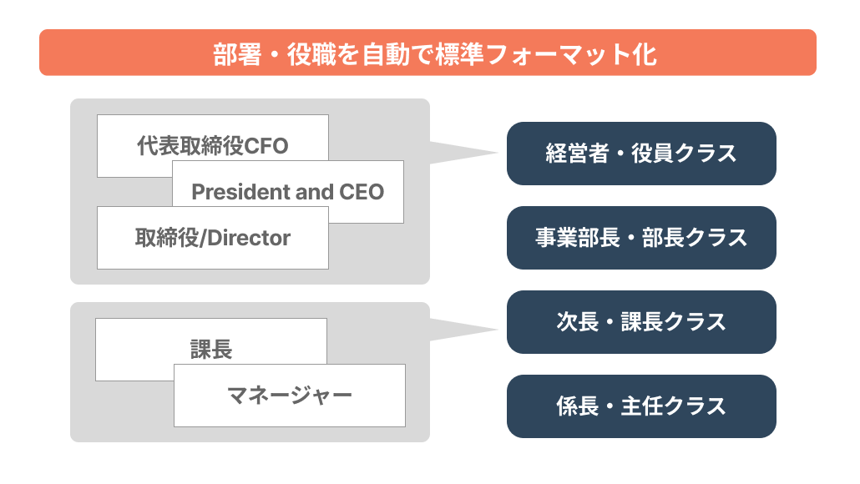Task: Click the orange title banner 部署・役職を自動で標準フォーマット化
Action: coord(427,53)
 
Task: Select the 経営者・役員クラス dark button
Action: coord(641,154)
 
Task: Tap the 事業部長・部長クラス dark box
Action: coord(641,238)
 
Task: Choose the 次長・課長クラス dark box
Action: coord(641,322)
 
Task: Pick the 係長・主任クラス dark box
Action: coord(641,406)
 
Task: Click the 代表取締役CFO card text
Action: coord(212,146)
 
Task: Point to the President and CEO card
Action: coord(288,192)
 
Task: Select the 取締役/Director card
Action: coord(213,238)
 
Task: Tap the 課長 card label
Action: coord(211,349)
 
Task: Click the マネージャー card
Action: coord(290,395)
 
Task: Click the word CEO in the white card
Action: coord(362,192)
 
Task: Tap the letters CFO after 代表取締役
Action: coord(266,146)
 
